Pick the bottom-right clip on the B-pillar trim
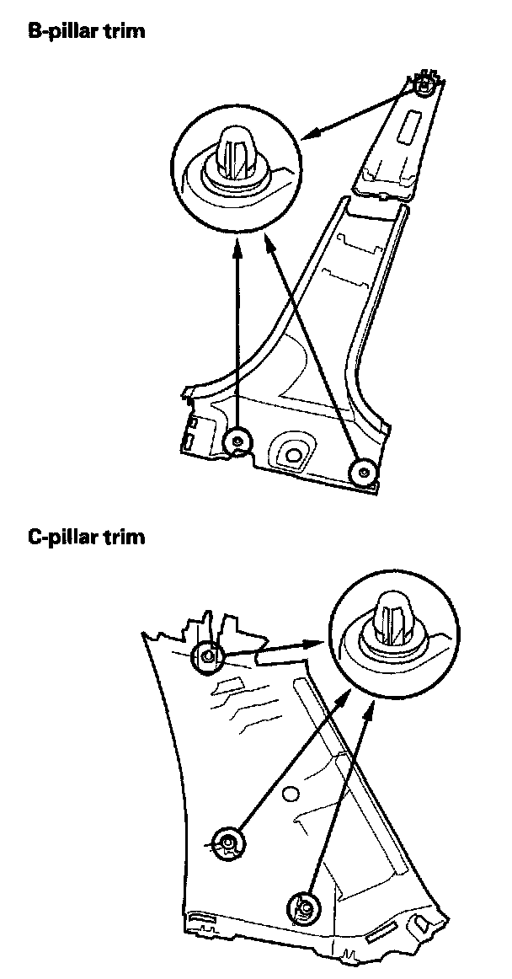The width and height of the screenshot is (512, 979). pos(364,471)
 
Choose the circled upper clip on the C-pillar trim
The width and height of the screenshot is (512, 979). pos(208,655)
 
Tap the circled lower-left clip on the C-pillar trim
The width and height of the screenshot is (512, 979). pos(228,841)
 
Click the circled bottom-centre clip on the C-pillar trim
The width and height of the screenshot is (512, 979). pos(304,907)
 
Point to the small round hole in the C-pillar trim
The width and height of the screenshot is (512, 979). pos(291,792)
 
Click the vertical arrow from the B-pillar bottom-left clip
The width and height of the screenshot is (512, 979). pos(238,337)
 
